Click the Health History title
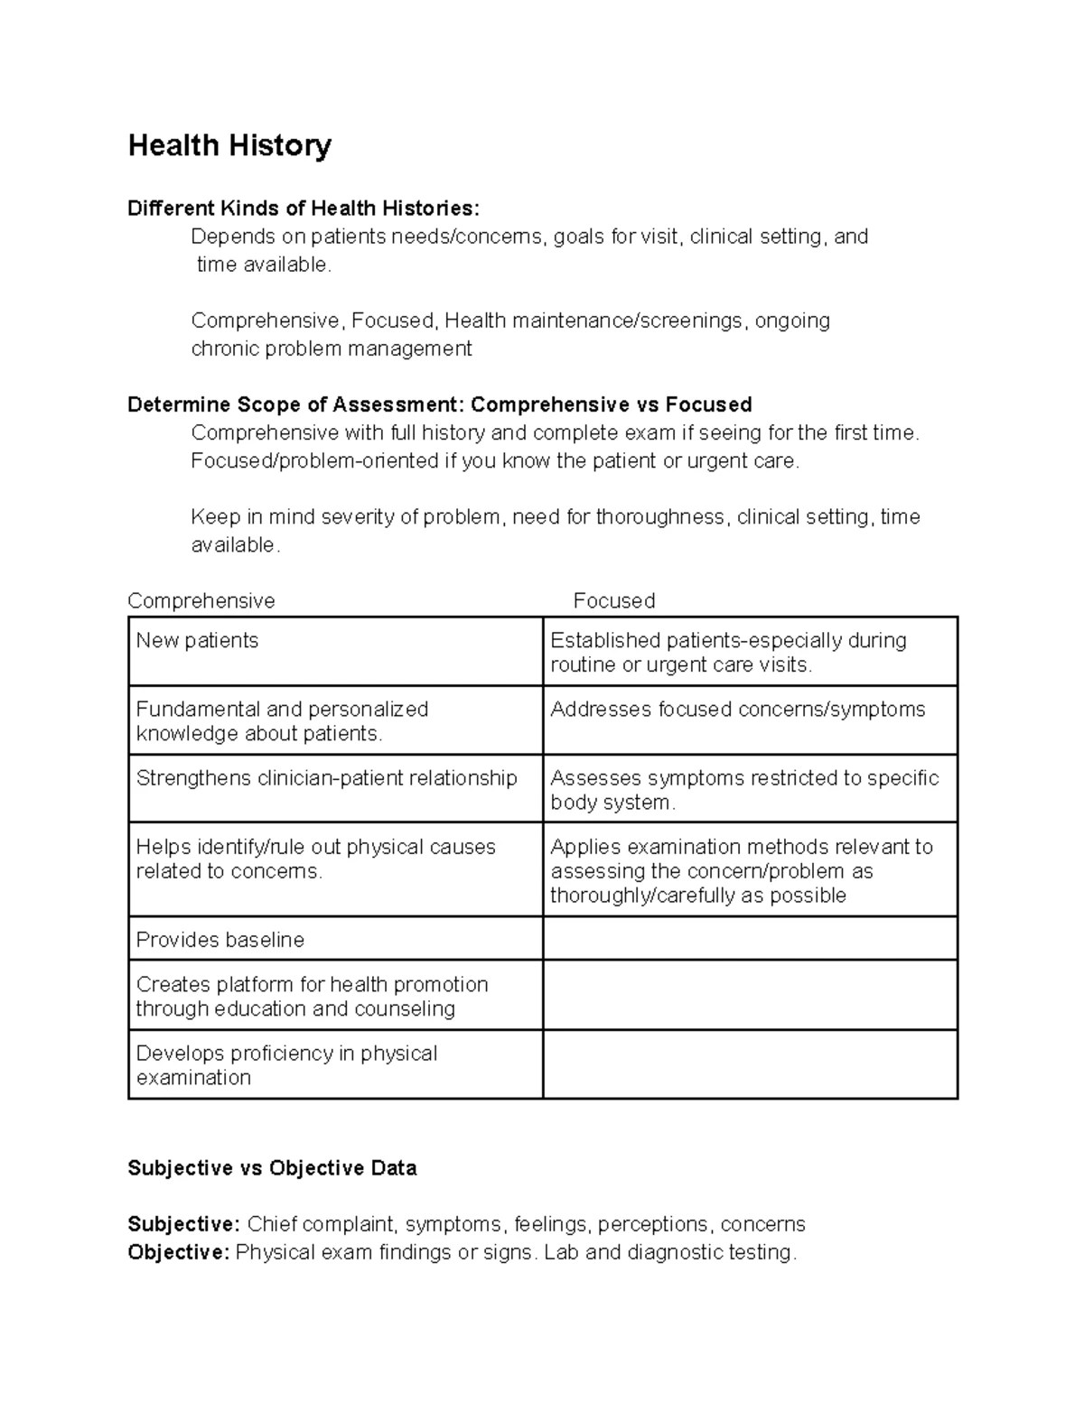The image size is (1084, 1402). [229, 145]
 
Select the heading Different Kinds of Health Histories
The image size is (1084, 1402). [304, 209]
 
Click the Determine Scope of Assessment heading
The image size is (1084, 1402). [439, 404]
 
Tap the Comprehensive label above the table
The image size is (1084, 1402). [201, 601]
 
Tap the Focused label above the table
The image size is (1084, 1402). [614, 601]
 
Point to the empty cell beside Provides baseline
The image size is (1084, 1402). [750, 939]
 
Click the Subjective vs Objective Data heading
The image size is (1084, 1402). [272, 1168]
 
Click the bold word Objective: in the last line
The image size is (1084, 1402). [179, 1253]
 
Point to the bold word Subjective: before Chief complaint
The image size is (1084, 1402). [183, 1225]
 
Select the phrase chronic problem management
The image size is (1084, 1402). [331, 349]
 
